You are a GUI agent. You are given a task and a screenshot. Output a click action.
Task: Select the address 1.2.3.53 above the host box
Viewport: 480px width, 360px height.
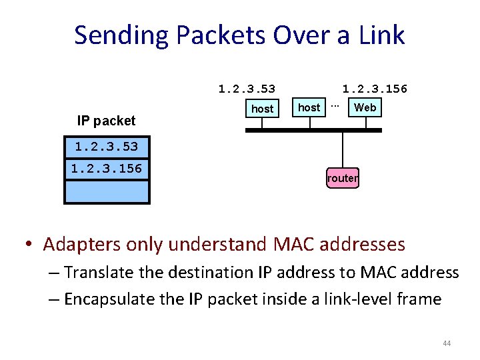click(x=247, y=89)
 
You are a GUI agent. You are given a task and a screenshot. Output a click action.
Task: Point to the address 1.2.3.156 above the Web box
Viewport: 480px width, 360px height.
click(x=374, y=89)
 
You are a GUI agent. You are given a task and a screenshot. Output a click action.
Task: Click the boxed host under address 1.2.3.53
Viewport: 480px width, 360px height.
click(x=262, y=108)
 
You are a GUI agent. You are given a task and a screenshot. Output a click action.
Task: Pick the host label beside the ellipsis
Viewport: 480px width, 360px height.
click(x=309, y=107)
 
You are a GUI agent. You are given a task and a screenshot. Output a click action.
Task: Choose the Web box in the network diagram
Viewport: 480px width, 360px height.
click(x=365, y=107)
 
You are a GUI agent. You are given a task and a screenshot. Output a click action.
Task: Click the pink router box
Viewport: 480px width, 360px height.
click(x=342, y=178)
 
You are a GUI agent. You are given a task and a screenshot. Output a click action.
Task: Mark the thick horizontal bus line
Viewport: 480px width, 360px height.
click(x=313, y=130)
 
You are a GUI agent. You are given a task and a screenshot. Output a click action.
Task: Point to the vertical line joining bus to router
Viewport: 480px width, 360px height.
click(x=342, y=149)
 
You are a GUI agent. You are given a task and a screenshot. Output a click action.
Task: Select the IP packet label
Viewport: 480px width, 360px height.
click(x=106, y=121)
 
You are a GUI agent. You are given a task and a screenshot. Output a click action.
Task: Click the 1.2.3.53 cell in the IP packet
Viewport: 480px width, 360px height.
click(x=106, y=146)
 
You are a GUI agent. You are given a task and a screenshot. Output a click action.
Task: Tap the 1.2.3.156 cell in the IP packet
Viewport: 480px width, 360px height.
click(x=106, y=169)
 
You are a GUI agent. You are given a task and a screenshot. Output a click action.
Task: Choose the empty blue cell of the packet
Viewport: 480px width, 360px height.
click(x=106, y=191)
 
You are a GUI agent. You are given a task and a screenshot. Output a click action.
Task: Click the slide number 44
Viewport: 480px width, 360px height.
click(x=447, y=343)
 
